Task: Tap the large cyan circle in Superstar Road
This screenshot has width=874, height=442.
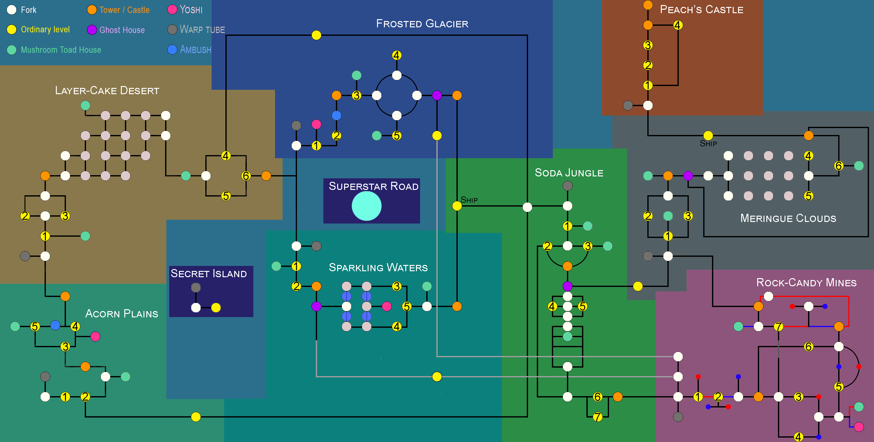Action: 366,206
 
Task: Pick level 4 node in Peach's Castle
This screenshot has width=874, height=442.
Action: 677,25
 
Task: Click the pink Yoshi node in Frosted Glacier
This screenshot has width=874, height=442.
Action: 316,124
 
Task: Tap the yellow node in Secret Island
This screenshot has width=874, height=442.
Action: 216,308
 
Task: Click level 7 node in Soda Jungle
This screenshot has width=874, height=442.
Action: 597,417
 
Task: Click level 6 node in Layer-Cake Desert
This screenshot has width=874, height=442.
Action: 246,176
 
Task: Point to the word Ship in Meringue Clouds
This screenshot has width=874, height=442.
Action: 708,143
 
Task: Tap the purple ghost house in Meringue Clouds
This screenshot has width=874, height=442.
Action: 688,176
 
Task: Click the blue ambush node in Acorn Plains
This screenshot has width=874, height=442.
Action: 55,325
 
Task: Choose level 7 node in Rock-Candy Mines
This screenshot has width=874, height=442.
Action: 778,326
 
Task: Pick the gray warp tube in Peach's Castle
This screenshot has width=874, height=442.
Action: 628,105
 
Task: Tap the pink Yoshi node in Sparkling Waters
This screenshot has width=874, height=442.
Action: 386,306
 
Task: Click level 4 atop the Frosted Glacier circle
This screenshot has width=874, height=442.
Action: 396,55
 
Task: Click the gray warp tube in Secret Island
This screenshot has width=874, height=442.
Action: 196,288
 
